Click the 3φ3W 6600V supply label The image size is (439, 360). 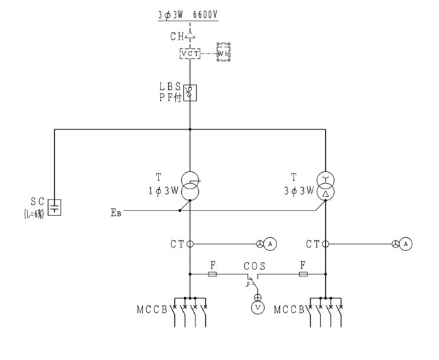[188, 15]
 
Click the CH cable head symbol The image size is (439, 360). [190, 36]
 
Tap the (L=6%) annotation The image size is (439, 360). [34, 214]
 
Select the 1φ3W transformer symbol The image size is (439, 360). [190, 187]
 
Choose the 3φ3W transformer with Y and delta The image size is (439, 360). [325, 187]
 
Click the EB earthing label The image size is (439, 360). [116, 213]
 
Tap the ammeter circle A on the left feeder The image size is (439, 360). [270, 244]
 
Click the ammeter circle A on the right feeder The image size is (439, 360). [405, 244]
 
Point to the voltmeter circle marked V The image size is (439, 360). [258, 308]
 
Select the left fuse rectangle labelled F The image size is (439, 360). [212, 274]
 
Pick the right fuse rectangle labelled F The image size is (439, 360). [303, 274]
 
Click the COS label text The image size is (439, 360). [254, 266]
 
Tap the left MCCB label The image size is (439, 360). [152, 310]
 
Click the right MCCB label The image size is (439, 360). [289, 310]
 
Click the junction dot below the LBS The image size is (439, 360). [190, 130]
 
